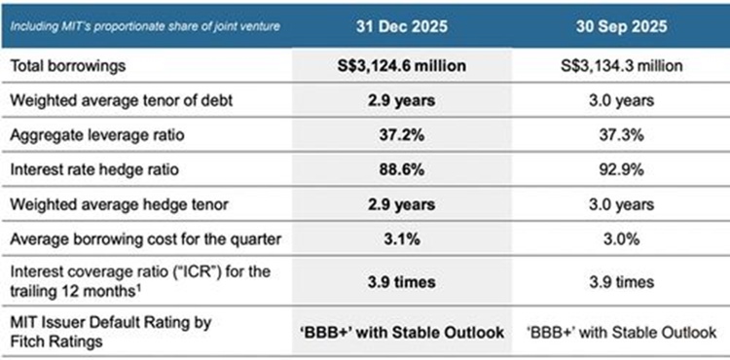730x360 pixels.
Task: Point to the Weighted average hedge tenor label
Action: click(107, 205)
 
